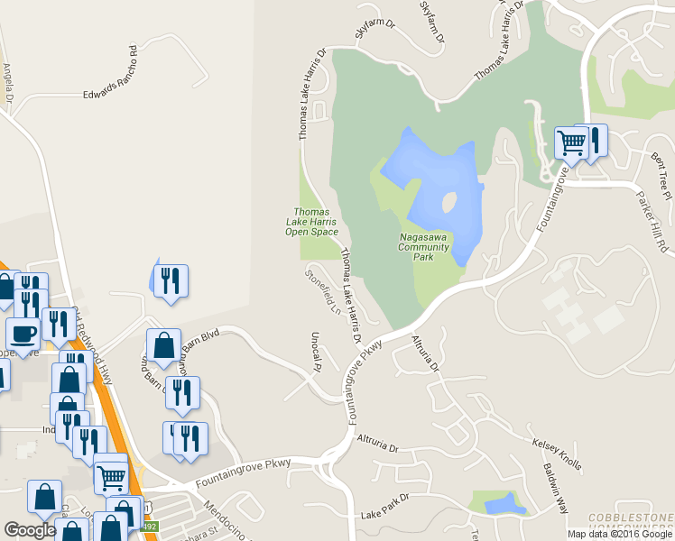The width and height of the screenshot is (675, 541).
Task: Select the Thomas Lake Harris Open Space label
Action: click(310, 221)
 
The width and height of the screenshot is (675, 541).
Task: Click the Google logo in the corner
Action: click(30, 530)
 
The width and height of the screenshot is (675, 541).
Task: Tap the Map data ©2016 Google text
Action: click(620, 534)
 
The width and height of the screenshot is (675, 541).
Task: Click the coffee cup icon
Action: click(23, 333)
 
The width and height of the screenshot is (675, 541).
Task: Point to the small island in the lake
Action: click(448, 205)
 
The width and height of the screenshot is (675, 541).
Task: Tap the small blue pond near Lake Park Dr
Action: click(503, 502)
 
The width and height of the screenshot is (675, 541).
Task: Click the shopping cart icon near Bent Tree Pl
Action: click(571, 142)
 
